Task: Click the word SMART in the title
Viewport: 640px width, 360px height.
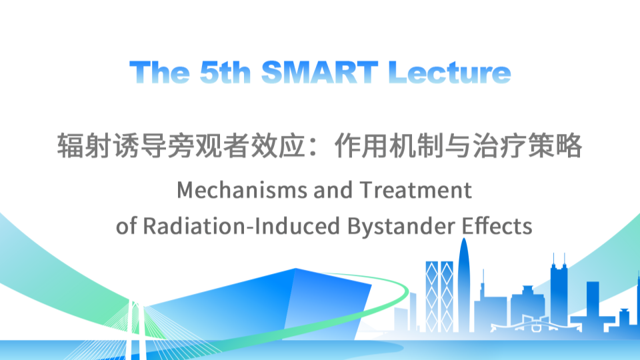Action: click(321, 72)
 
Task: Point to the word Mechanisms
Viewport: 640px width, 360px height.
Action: click(242, 191)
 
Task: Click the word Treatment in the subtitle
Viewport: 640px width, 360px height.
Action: click(416, 191)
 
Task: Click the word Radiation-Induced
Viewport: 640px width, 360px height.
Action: click(242, 226)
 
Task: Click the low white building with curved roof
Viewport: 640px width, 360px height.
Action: click(530, 326)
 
